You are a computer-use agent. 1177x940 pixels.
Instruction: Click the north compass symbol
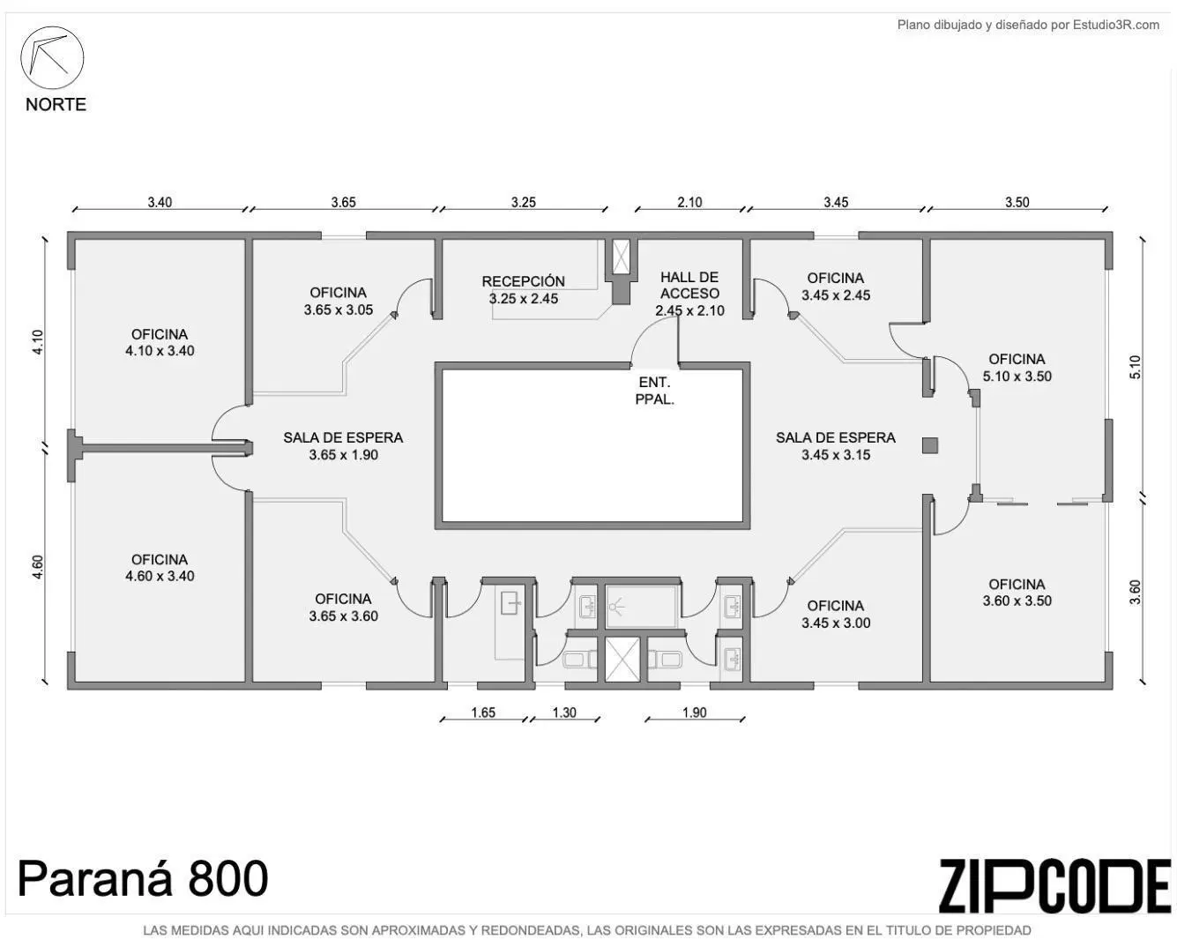tap(52, 57)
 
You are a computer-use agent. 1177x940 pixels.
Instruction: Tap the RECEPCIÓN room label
tap(524, 289)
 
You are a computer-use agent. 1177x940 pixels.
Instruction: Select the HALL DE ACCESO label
tap(689, 294)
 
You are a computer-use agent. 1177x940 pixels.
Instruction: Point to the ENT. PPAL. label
tap(655, 391)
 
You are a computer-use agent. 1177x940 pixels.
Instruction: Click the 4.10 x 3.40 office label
tap(160, 342)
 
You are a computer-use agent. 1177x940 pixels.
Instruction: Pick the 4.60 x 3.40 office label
tap(160, 567)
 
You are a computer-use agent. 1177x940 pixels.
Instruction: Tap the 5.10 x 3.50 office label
tap(1017, 368)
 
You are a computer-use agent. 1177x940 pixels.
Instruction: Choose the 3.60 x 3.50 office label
tap(1017, 593)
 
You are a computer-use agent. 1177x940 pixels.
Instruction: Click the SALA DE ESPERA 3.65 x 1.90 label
tap(344, 446)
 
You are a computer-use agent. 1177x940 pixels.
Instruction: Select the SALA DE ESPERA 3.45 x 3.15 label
tap(836, 446)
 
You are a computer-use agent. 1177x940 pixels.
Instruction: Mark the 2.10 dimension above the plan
tap(689, 203)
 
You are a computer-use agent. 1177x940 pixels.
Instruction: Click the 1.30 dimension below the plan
tap(564, 712)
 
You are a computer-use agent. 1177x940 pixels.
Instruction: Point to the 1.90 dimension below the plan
tap(695, 712)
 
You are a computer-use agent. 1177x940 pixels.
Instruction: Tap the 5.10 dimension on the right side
tap(1136, 367)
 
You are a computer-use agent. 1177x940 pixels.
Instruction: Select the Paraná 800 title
tap(144, 879)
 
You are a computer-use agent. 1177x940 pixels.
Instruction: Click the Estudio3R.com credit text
tap(1028, 25)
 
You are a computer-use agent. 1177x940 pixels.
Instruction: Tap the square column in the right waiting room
tap(930, 445)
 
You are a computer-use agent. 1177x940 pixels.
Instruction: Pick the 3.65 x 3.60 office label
tap(344, 608)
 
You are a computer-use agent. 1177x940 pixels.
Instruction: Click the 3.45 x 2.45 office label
tap(836, 287)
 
